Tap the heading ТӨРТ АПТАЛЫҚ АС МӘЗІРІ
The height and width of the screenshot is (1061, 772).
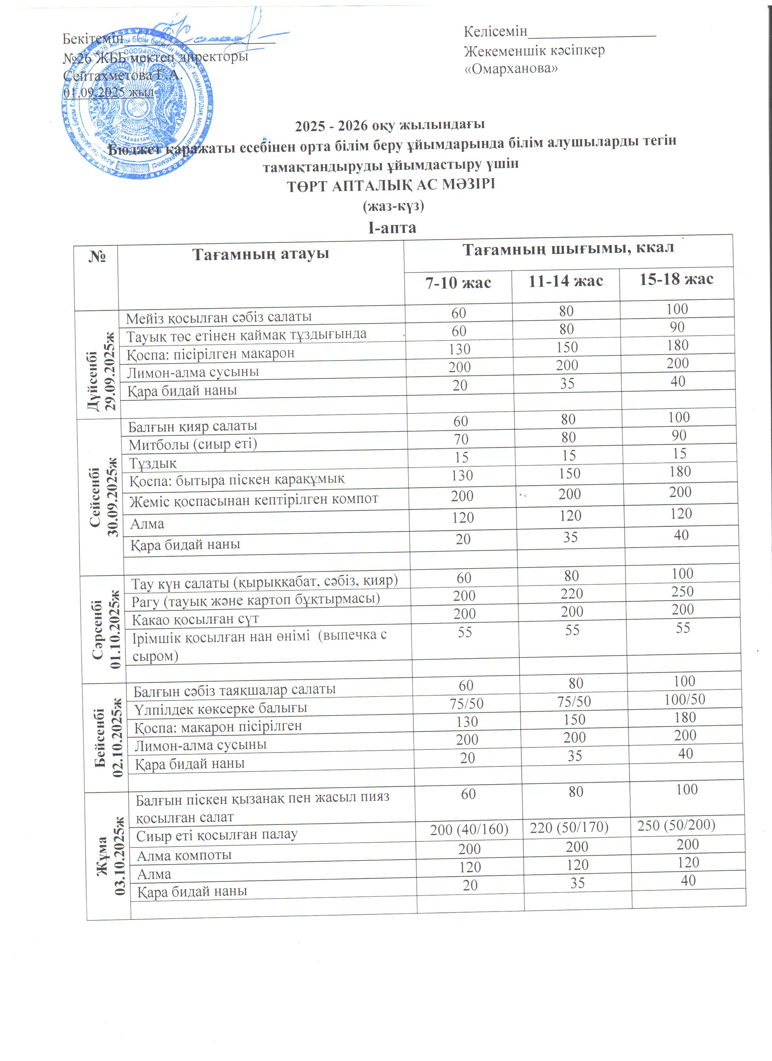(x=391, y=185)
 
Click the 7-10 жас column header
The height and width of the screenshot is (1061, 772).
(x=458, y=283)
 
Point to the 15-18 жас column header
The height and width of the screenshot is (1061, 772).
(x=677, y=279)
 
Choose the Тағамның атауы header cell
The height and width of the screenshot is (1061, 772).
(x=261, y=254)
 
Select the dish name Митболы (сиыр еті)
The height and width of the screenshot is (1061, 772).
(x=193, y=443)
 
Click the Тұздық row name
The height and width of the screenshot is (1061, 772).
(x=153, y=463)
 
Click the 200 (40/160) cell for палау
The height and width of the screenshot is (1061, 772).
(x=469, y=829)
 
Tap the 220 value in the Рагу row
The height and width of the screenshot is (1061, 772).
(x=572, y=594)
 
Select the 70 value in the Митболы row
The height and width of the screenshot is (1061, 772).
(x=461, y=439)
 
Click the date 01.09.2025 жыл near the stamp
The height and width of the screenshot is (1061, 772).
(x=109, y=92)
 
